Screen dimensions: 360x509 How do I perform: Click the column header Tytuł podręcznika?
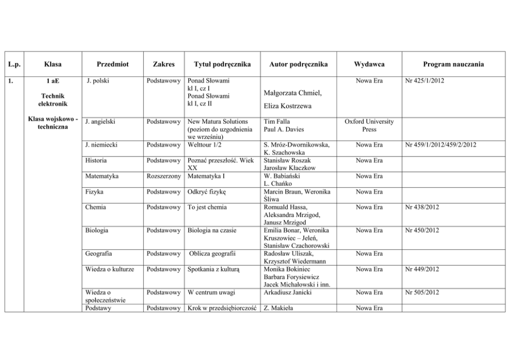click(222, 64)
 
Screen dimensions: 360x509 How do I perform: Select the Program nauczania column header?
click(453, 64)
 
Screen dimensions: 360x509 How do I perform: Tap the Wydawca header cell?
click(369, 64)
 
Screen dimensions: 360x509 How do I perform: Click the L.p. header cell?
click(14, 64)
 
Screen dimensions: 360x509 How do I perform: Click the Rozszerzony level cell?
click(163, 176)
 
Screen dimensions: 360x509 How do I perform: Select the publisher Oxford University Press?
click(369, 126)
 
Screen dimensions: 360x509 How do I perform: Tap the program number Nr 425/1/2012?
click(424, 81)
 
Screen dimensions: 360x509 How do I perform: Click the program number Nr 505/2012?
click(422, 292)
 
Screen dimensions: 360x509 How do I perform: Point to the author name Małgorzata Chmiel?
click(291, 93)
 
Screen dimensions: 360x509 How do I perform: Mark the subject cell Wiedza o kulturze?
click(110, 269)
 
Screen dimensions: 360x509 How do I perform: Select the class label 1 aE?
click(53, 81)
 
